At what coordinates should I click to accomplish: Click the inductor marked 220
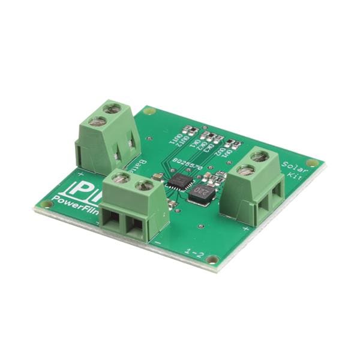tap(202, 193)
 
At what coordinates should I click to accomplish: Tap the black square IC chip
tap(178, 182)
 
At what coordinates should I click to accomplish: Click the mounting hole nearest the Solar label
tap(311, 163)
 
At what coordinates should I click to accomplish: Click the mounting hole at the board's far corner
tap(150, 111)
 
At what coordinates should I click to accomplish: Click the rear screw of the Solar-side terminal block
tap(259, 156)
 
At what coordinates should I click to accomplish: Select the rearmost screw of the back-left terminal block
tap(110, 109)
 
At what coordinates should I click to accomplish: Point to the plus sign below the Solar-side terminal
tap(246, 229)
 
